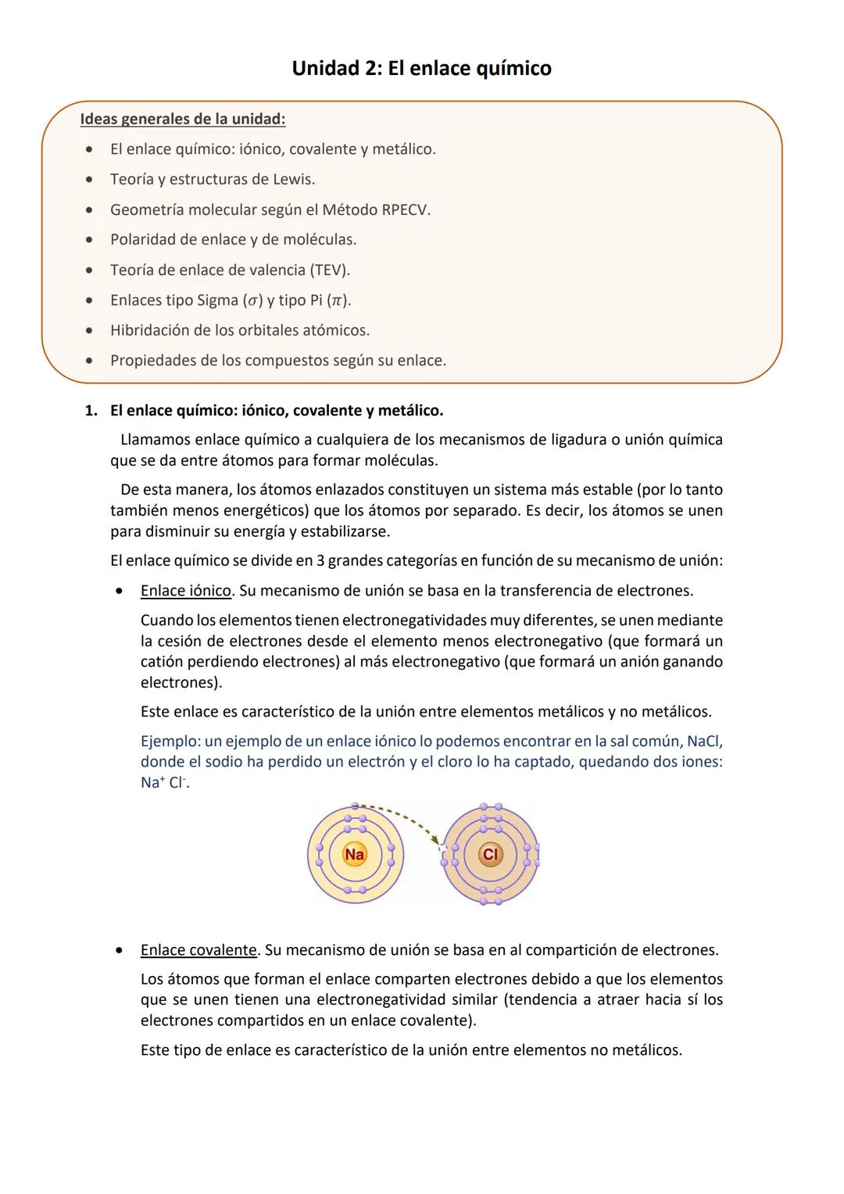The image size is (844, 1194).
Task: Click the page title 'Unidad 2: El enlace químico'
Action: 421,69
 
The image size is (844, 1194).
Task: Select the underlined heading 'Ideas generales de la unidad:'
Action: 182,120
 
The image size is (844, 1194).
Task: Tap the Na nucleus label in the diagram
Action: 355,854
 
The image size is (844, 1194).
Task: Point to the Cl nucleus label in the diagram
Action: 490,854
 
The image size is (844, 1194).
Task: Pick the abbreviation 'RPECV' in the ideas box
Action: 405,210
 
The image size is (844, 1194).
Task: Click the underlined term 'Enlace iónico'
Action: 186,591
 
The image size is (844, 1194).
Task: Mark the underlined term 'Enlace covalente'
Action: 198,950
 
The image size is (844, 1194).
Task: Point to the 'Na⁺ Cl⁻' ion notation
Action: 164,782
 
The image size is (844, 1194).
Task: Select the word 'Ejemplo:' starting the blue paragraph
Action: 170,741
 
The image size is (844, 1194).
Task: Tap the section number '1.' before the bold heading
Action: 91,411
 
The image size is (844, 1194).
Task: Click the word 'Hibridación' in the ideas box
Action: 150,331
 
